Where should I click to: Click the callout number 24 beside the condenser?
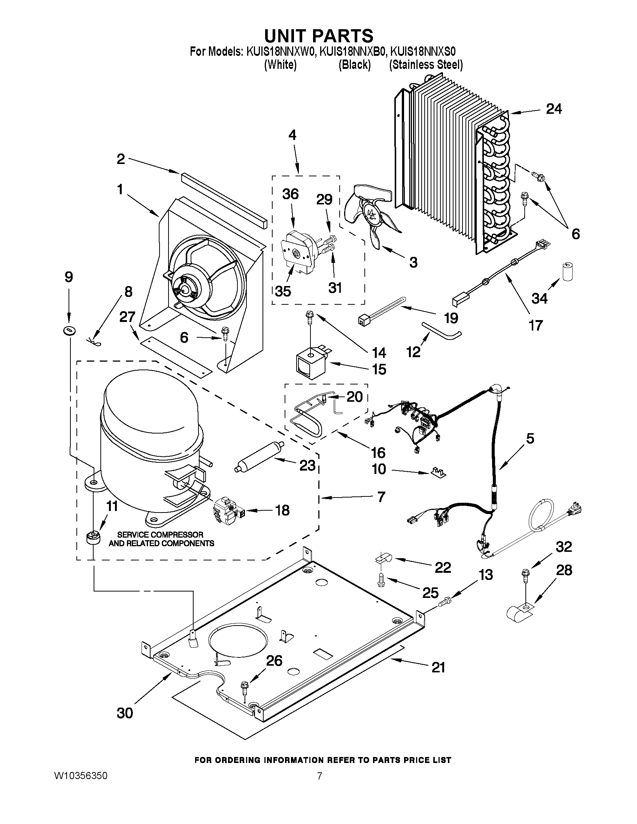click(x=553, y=109)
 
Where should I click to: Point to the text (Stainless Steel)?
click(x=426, y=65)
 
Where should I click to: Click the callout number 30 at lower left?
click(x=125, y=713)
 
